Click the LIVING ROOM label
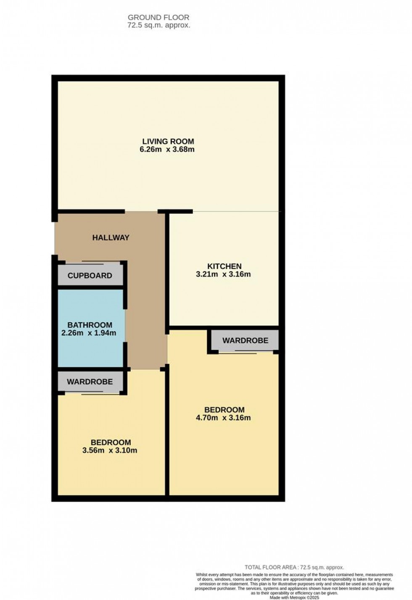pos(168,142)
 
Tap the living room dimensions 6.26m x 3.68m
pos(167,150)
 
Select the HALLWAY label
pos(111,238)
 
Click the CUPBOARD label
pos(90,276)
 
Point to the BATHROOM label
pos(90,325)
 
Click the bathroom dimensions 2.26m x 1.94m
pos(89,333)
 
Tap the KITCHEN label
pos(224,266)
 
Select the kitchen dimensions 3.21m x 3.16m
pos(223,275)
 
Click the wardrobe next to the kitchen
pos(245,340)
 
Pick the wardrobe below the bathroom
pos(90,382)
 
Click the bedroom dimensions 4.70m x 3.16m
pos(223,418)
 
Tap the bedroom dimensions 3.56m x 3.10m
pos(110,451)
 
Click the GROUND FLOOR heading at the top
pos(158,18)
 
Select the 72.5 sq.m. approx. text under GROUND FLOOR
pos(158,25)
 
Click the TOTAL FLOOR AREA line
pos(294,567)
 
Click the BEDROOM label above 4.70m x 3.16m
pos(224,410)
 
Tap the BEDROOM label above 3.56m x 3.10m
pos(111,442)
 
